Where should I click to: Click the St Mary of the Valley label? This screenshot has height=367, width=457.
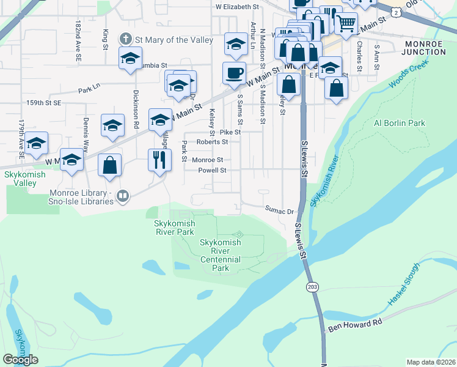tap(174, 40)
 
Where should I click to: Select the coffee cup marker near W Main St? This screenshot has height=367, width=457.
tap(234, 73)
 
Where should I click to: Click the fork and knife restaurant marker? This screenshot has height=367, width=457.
tap(159, 160)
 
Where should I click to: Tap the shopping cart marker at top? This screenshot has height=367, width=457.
tap(346, 23)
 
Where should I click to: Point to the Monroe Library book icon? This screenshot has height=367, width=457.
tap(123, 196)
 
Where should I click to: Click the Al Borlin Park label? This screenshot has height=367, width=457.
tap(399, 123)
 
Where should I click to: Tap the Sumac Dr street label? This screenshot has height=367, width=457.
tap(280, 210)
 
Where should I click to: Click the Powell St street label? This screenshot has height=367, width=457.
tap(211, 171)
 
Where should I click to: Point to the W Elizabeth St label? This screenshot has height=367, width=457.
tap(238, 6)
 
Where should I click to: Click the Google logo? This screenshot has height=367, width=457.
tap(20, 360)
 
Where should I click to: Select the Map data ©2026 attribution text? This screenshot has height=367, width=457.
tap(431, 362)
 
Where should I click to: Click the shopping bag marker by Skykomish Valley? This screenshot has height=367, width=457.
tap(109, 165)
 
